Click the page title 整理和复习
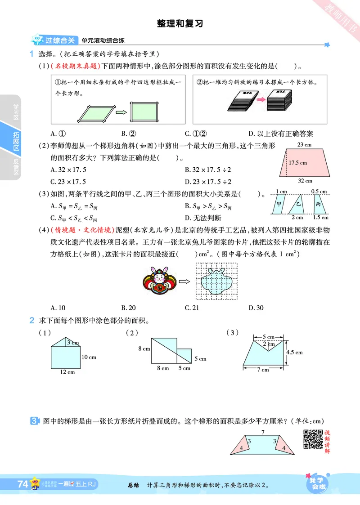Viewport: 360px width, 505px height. coord(180,23)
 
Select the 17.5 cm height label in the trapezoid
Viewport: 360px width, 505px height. coord(298,163)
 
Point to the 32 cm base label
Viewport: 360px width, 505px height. coord(305,181)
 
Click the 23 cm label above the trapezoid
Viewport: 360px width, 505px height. coord(304,145)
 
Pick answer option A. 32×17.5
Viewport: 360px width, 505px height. coord(68,170)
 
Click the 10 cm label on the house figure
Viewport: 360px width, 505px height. coord(89,357)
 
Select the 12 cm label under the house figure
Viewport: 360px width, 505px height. coord(67,372)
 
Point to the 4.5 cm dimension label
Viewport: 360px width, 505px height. coord(295,352)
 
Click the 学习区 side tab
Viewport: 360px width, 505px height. coord(16,111)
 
